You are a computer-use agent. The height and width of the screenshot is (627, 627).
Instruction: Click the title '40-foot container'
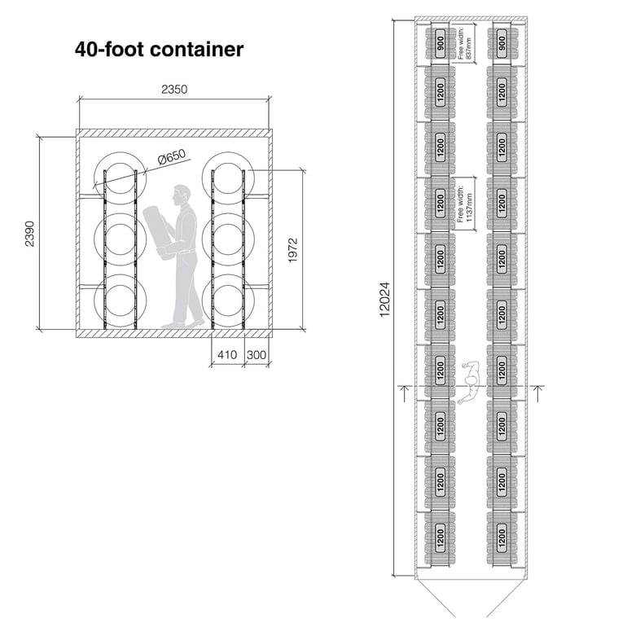click(159, 50)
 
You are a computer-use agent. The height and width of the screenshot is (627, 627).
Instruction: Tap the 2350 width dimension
click(174, 90)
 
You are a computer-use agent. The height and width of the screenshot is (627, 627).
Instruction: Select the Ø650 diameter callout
click(172, 157)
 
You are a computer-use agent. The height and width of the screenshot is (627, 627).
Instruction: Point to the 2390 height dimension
click(29, 233)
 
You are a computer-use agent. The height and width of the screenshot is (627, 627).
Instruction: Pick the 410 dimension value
click(226, 355)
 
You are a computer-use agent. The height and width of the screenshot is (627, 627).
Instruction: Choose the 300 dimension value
click(256, 355)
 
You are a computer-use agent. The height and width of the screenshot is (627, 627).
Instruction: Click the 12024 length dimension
click(385, 300)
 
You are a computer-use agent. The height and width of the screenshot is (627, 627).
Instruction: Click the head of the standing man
click(181, 196)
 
